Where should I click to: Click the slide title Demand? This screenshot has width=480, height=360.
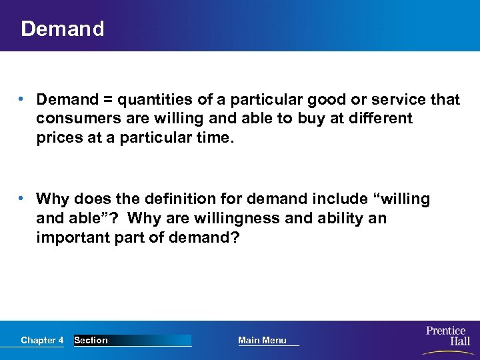63,29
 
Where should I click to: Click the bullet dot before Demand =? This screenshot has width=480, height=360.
23,100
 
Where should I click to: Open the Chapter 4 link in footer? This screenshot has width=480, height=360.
42,341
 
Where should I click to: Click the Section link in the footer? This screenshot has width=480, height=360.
91,341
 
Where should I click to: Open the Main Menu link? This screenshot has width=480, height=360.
262,341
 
